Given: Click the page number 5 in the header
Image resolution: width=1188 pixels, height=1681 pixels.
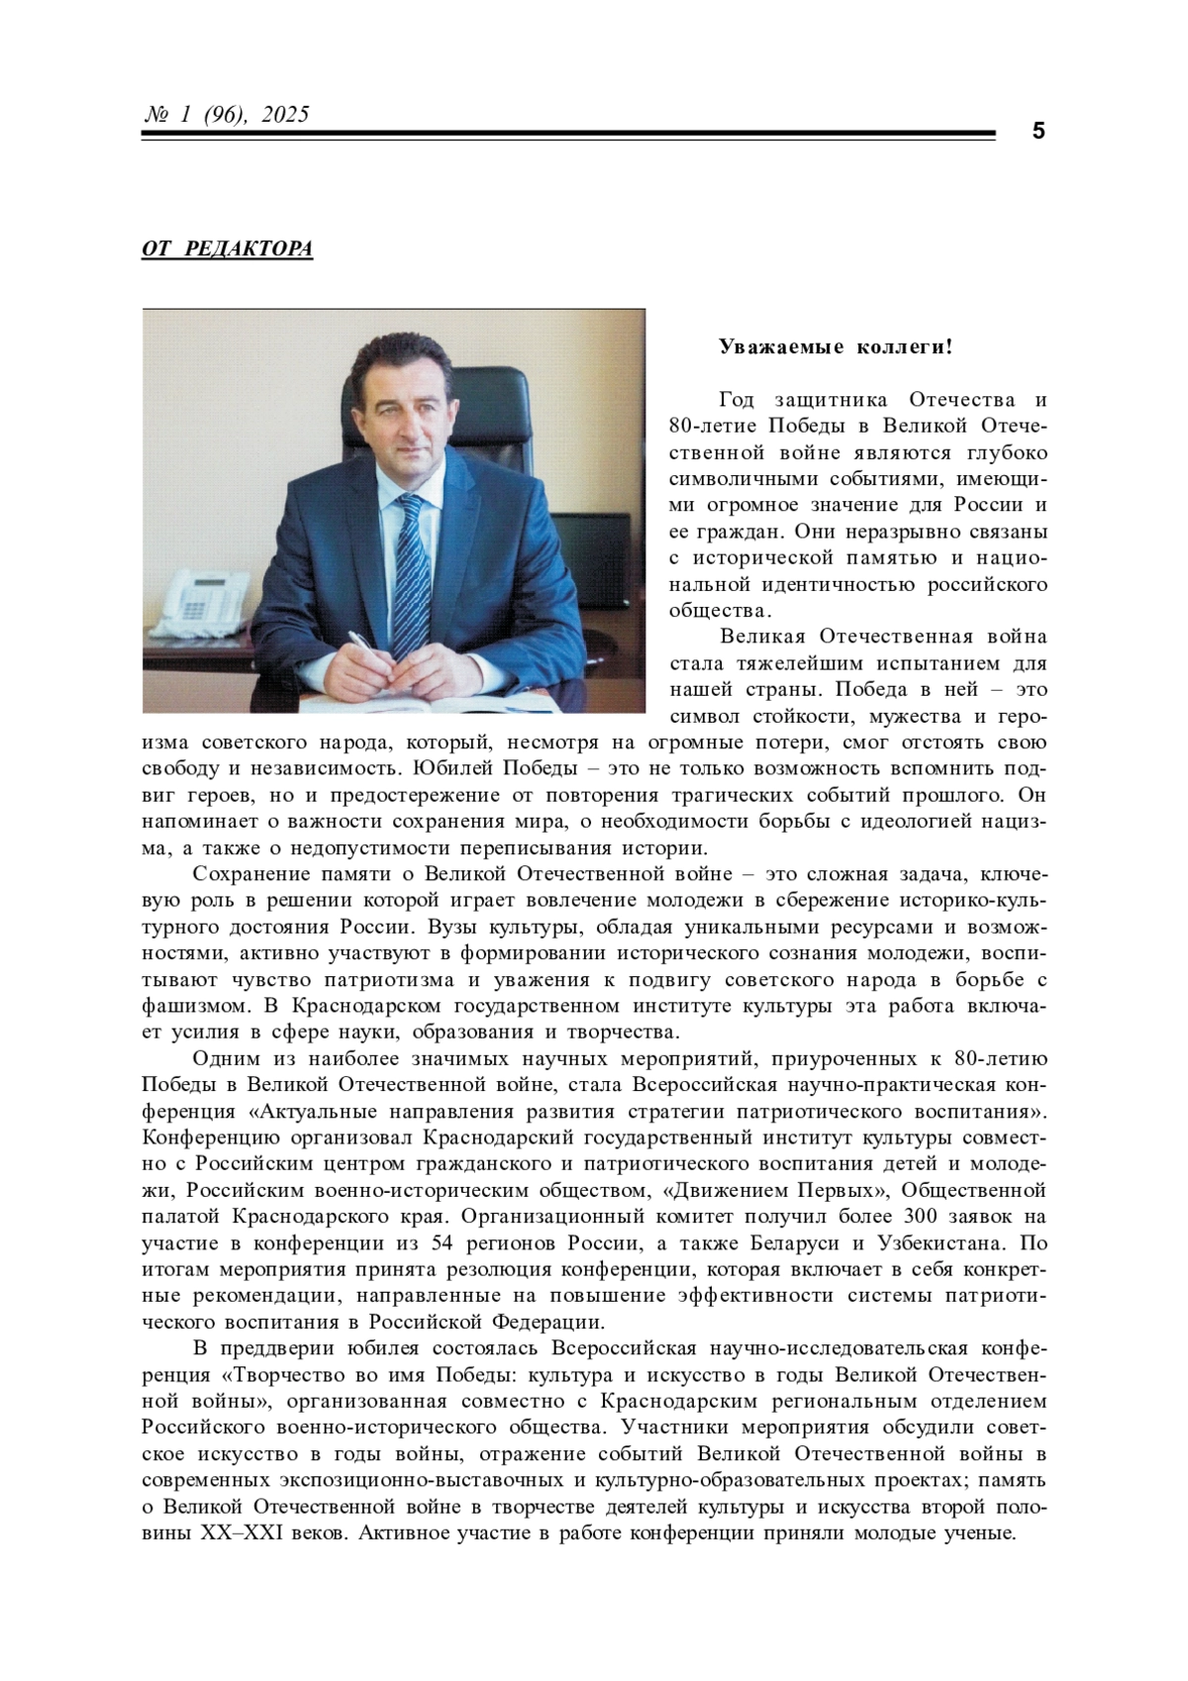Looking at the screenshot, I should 1038,132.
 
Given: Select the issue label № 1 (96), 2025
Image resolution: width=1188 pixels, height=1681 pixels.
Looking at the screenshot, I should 227,115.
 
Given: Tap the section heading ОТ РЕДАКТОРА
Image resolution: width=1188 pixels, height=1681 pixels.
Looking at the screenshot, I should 227,248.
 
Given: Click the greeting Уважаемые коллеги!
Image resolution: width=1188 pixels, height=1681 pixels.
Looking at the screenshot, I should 836,347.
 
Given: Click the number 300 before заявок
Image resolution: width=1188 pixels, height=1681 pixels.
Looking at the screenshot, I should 925,1217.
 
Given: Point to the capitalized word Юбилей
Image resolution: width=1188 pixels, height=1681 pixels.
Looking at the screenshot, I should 461,769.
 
